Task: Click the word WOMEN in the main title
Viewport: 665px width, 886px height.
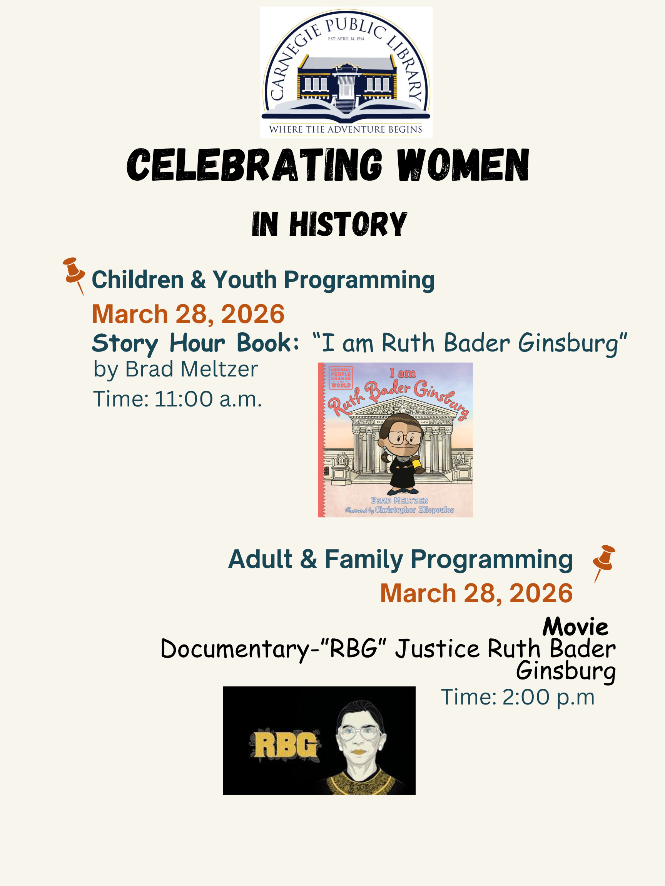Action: (x=463, y=165)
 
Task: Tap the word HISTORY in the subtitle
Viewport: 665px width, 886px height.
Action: (x=348, y=224)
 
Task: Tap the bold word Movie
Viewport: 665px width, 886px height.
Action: (x=575, y=627)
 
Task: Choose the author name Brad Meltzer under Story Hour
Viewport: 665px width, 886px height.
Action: (x=192, y=369)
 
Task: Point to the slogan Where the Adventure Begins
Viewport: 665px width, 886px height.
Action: (x=346, y=129)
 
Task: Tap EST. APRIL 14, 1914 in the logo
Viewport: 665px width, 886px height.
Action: (x=346, y=39)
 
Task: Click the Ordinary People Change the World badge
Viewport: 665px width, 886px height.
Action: (x=341, y=377)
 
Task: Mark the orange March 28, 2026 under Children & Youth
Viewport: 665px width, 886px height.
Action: (x=188, y=314)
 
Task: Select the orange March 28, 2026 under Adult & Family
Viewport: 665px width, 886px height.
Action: (x=476, y=593)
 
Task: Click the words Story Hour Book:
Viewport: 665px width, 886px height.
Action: (x=195, y=344)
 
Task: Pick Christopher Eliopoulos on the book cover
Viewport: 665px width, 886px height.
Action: (x=414, y=510)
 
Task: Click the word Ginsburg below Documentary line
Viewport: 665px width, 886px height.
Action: (x=566, y=672)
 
